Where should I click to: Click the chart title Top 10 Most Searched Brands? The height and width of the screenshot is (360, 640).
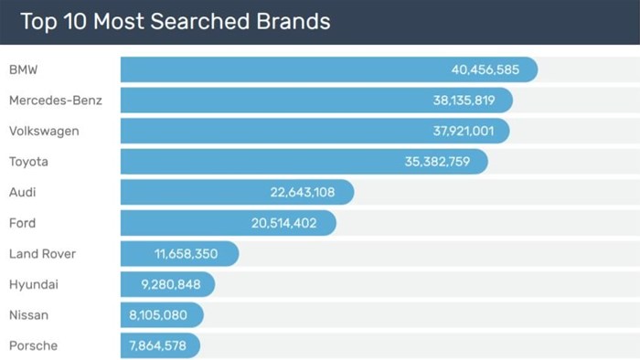click(x=176, y=21)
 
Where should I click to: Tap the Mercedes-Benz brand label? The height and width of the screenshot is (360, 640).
click(x=55, y=101)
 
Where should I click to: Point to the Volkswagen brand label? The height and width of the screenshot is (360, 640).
click(x=44, y=132)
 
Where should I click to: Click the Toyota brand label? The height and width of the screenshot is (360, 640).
click(x=28, y=162)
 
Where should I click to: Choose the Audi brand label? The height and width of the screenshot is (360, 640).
click(x=23, y=193)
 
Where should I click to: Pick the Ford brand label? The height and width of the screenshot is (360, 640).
click(x=23, y=223)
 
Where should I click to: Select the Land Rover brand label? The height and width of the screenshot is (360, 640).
click(x=42, y=254)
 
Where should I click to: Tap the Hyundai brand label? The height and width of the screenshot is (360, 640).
click(x=34, y=285)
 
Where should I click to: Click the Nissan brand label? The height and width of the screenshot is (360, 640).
click(x=28, y=315)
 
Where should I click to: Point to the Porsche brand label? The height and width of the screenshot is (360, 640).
click(x=33, y=345)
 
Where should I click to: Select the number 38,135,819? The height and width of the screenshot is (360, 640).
click(x=464, y=101)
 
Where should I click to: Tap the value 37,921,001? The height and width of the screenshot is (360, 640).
click(x=464, y=132)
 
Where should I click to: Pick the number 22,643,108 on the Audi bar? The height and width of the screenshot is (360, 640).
click(x=303, y=193)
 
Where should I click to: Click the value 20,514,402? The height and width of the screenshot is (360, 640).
click(x=285, y=223)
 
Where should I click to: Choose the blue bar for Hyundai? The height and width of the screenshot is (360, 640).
click(x=167, y=285)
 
